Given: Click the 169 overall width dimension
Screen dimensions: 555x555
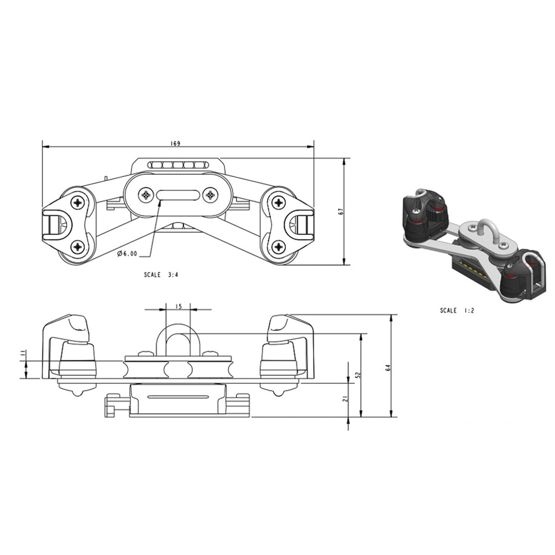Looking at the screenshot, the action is [x=175, y=144].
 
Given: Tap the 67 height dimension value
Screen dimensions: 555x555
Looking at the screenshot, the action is [x=342, y=211].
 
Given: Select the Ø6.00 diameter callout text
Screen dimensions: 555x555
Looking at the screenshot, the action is [x=127, y=253].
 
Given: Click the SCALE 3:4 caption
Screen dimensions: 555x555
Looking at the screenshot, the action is [x=161, y=274].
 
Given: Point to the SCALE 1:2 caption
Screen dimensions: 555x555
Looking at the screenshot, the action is [x=457, y=310].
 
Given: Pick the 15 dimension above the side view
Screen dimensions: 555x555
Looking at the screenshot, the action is [x=179, y=306].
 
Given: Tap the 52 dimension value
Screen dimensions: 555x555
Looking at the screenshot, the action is [x=358, y=375].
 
